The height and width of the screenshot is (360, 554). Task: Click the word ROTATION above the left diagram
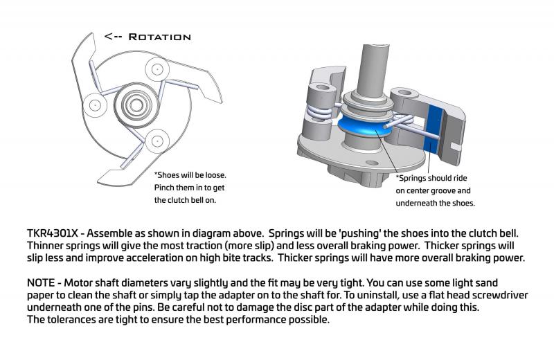[160, 37]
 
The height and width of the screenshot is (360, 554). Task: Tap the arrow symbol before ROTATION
[114, 37]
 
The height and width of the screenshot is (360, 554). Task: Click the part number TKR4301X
[53, 233]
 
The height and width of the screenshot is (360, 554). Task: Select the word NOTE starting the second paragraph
[41, 283]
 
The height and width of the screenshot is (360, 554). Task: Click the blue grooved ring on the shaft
[364, 128]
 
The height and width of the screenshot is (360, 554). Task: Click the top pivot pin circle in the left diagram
[157, 69]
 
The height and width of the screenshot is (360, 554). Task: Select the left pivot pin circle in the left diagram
[95, 105]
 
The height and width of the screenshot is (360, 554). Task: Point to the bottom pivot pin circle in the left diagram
[157, 141]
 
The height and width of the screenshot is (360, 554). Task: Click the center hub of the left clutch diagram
[136, 105]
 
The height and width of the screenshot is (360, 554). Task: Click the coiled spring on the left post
[319, 112]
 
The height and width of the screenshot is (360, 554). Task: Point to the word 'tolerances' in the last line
[73, 320]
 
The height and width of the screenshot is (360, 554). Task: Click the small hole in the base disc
[372, 163]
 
